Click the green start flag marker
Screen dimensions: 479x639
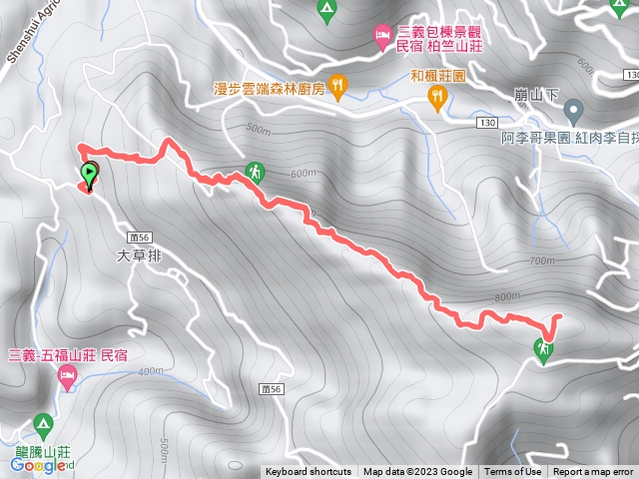[x=90, y=174]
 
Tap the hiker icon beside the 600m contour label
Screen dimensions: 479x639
[x=257, y=172]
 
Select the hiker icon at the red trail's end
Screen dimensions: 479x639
[x=543, y=350]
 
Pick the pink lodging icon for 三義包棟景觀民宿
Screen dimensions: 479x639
[x=382, y=38]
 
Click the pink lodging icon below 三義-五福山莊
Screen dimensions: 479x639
[x=68, y=377]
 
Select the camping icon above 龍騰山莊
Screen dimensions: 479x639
[x=43, y=425]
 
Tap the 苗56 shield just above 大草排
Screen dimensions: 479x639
[x=139, y=237]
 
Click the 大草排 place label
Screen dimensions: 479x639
[x=139, y=255]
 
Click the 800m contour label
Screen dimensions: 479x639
[x=507, y=296]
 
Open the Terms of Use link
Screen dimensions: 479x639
[x=512, y=472]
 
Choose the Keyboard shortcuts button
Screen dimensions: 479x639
[x=309, y=472]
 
